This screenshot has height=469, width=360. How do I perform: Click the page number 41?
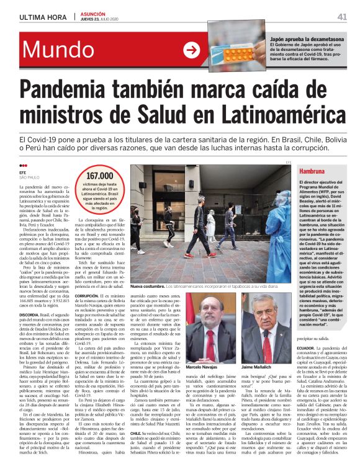pyautogui.click(x=341, y=17)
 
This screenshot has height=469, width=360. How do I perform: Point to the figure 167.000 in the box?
pyautogui.click(x=99, y=176)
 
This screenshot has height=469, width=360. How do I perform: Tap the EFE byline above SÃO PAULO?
pyautogui.click(x=24, y=172)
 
